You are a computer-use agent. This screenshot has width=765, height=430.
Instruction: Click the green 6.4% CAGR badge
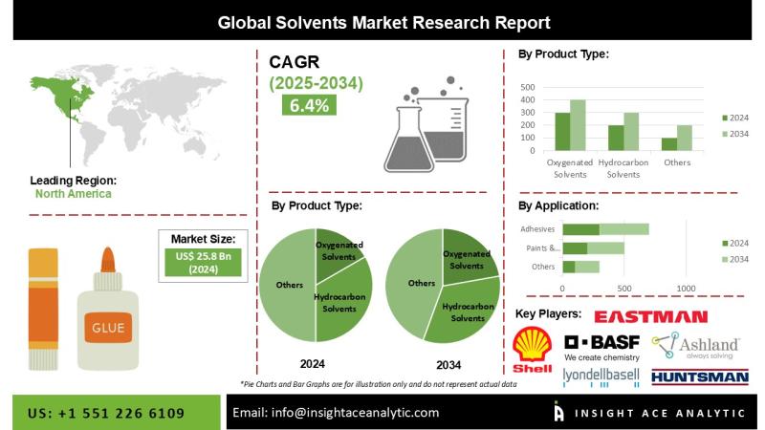[x=309, y=105]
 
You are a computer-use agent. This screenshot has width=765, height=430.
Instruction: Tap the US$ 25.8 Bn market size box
[x=203, y=263]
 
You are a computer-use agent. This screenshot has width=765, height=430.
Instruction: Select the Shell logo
[x=533, y=350]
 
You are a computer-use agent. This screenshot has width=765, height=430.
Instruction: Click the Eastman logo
[x=651, y=317]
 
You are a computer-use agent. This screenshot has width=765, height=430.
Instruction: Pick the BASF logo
[x=601, y=348]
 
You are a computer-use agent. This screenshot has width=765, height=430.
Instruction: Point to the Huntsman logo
[x=700, y=376]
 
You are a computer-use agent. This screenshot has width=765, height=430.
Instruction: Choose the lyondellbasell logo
[x=601, y=377]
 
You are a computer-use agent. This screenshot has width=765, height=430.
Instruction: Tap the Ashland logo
[x=696, y=346]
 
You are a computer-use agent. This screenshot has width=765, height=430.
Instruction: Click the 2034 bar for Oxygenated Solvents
[x=578, y=125]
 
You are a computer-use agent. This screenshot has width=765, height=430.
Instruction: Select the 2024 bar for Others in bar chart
[x=669, y=144]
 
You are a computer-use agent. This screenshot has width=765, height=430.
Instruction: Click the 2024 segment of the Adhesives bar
[x=581, y=229]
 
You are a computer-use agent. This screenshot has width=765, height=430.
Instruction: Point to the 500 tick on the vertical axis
[x=528, y=87]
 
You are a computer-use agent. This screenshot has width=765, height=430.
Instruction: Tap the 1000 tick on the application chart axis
[x=686, y=289]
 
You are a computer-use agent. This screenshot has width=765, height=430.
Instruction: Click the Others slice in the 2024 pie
[x=288, y=285]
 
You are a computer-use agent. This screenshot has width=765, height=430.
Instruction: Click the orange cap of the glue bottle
[x=108, y=260]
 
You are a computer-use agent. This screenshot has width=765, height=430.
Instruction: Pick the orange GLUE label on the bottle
[x=108, y=328]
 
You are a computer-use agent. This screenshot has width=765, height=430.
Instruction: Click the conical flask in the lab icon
[x=409, y=140]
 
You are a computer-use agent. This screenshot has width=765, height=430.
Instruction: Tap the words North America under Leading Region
[x=74, y=194]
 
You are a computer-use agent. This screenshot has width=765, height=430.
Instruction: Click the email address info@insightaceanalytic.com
[x=355, y=413]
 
